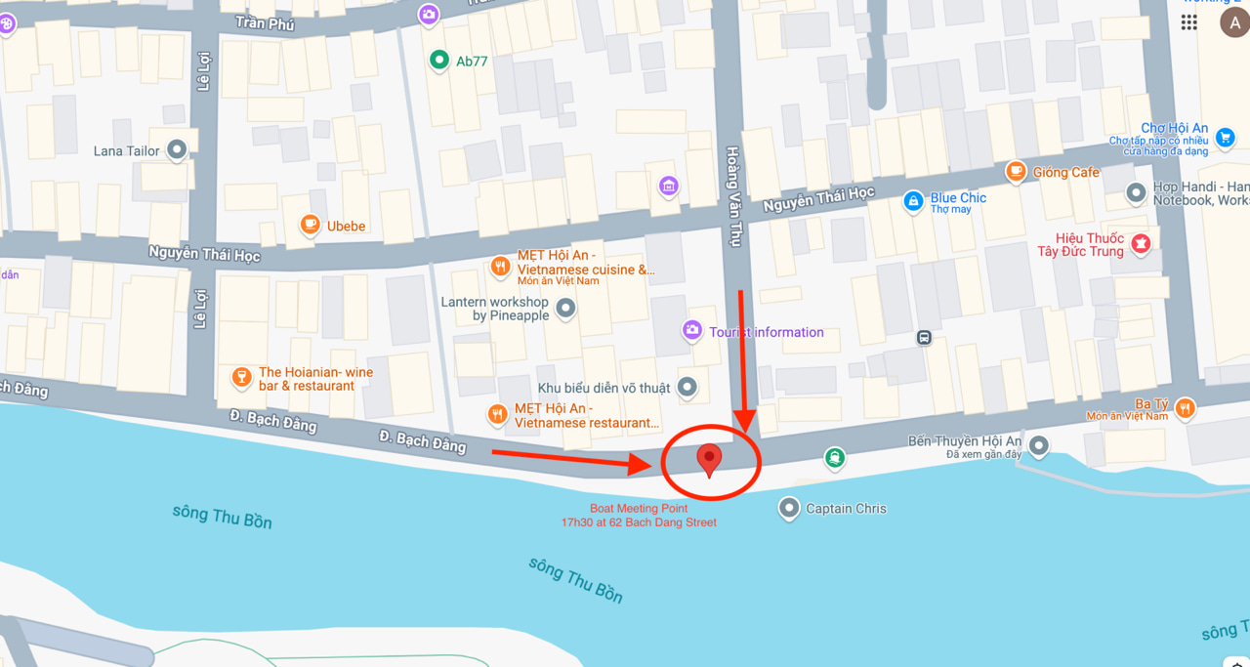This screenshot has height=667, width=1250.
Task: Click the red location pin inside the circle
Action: point(709,457)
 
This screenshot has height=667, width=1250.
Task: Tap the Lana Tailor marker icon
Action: point(177,150)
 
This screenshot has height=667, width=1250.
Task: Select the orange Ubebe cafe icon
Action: point(311,226)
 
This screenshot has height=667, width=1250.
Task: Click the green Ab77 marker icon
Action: point(439,61)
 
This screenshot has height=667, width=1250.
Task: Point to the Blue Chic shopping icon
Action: point(913,201)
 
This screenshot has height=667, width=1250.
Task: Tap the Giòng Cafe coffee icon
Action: point(1016,172)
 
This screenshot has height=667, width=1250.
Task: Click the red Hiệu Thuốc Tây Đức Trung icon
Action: point(1140,243)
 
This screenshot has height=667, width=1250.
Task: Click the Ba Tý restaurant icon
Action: point(1185,408)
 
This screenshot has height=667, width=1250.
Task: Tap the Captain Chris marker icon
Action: point(789,508)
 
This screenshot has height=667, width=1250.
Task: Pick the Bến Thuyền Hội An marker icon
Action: point(1039,446)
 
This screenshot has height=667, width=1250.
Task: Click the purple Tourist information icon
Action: point(692,331)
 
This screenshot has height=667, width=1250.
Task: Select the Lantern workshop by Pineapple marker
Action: point(565,310)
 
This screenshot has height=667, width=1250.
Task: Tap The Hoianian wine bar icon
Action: point(241,377)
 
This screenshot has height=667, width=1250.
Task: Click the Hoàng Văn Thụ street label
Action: point(732,195)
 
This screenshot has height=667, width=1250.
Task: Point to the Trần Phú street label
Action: point(265,22)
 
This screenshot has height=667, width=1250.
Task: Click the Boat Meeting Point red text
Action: point(639,515)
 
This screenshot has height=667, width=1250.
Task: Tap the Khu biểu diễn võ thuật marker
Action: point(687,388)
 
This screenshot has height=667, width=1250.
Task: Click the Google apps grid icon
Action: point(1189,22)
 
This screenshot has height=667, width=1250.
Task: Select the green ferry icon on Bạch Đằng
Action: point(834,456)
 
